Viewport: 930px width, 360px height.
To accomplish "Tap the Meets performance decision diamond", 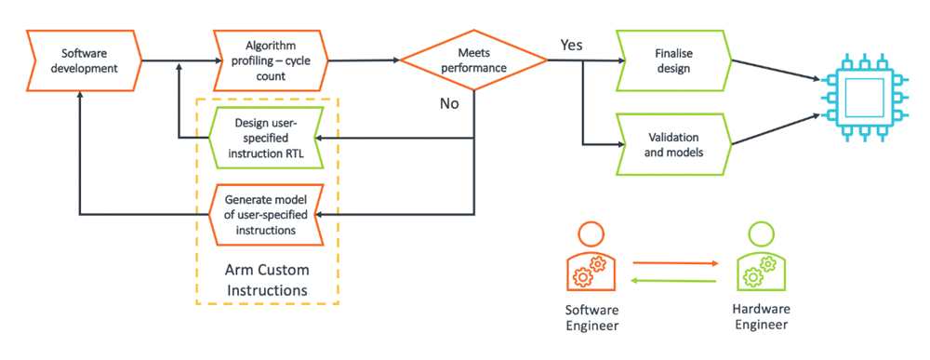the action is [x=473, y=60].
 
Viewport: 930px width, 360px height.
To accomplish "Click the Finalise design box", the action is [x=674, y=60].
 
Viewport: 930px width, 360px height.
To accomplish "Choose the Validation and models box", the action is [x=674, y=144].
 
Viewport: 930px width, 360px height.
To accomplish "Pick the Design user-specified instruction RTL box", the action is [x=266, y=138].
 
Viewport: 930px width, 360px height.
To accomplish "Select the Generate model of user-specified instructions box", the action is [x=266, y=214].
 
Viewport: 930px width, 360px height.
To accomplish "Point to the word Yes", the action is [x=572, y=45].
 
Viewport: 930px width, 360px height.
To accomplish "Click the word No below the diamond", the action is [x=449, y=104].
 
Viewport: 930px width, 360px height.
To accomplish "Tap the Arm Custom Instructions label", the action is [x=267, y=280].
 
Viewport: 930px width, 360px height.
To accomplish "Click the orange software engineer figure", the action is [x=592, y=256].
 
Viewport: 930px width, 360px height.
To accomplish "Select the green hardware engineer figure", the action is [x=761, y=256].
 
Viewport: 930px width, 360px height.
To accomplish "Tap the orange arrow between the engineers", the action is [x=676, y=261].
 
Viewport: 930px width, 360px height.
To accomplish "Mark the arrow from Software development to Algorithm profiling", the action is [x=178, y=60].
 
